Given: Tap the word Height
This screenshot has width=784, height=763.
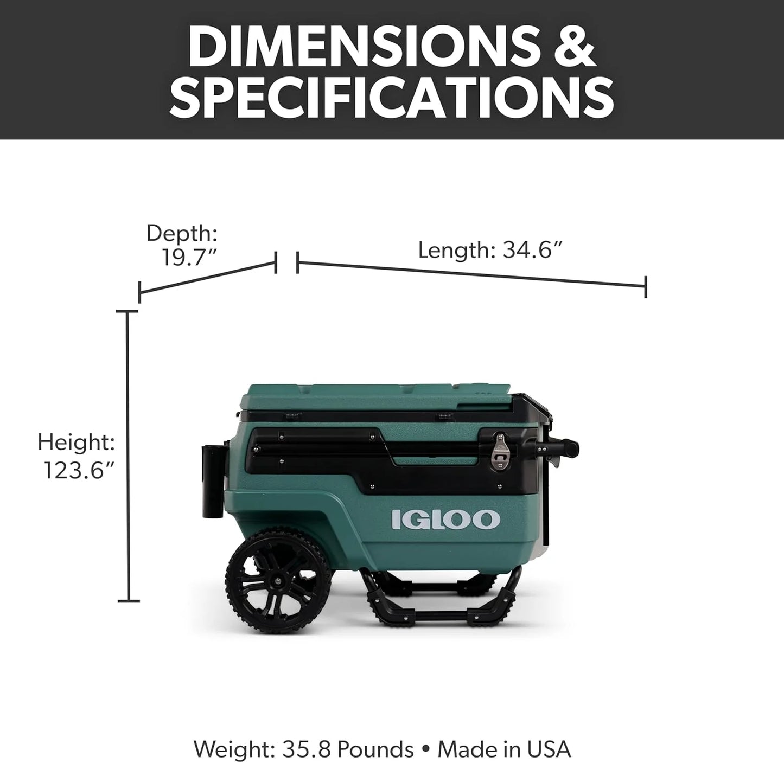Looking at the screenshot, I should point(76,443).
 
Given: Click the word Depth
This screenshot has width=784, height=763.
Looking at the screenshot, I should point(182,233).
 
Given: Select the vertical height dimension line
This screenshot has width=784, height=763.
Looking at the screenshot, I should point(128,456).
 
